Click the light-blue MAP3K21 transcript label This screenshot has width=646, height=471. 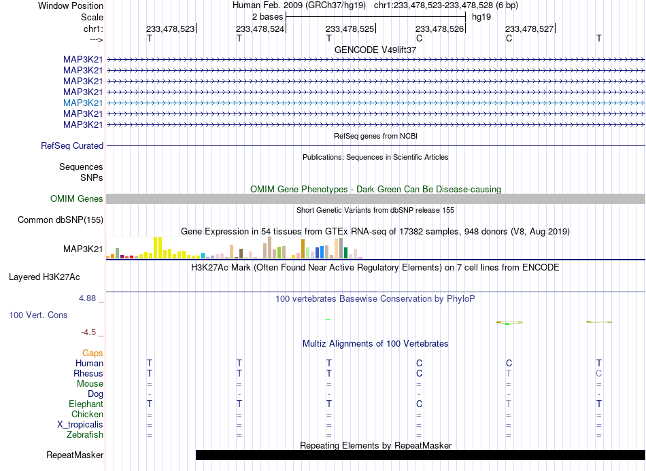tap(83, 103)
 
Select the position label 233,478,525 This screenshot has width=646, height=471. tap(350, 29)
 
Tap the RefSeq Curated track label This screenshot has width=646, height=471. tap(72, 145)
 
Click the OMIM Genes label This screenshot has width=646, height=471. tap(77, 199)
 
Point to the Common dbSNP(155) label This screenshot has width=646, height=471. tap(61, 220)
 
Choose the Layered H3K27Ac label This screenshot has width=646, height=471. tap(44, 277)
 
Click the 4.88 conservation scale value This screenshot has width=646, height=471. tap(87, 298)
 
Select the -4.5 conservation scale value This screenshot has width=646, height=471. tap(88, 332)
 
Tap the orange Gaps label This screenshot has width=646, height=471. tap(92, 353)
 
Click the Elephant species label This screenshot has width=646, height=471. tap(86, 404)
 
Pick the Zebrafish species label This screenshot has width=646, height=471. tap(85, 434)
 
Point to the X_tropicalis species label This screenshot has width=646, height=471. tap(80, 425)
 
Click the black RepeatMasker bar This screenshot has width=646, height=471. tap(420, 455)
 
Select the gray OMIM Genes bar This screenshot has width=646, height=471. tap(375, 199)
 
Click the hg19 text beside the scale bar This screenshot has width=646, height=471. tap(481, 17)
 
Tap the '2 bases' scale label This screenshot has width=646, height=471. tap(268, 17)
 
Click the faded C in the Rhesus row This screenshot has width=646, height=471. tap(598, 373)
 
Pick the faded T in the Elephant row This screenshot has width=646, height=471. tap(509, 404)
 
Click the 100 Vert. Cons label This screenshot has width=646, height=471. tap(38, 315)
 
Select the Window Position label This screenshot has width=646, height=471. tap(71, 5)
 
